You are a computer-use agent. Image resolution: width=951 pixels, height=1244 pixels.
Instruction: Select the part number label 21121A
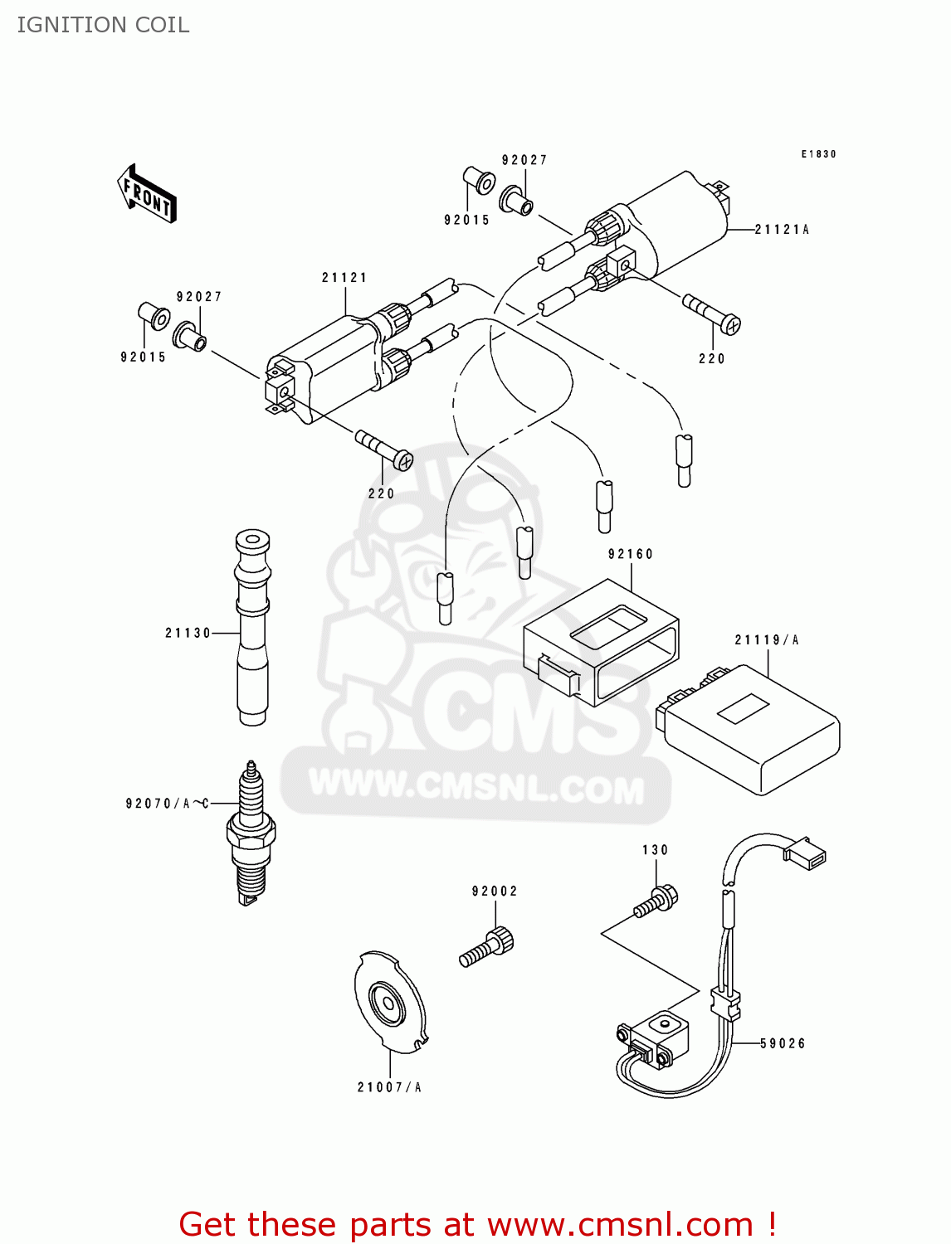[781, 230]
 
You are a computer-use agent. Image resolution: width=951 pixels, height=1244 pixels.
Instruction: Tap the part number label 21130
[188, 633]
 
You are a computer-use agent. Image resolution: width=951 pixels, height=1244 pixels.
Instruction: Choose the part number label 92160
[631, 554]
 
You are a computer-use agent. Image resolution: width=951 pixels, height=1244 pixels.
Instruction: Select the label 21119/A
[767, 639]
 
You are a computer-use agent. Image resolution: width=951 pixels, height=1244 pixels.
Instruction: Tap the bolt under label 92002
[488, 948]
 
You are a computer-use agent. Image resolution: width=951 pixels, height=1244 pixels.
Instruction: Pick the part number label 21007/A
[389, 1087]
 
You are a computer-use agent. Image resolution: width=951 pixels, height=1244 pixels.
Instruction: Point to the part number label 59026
[783, 1043]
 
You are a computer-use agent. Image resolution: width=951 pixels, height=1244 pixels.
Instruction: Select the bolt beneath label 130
[656, 902]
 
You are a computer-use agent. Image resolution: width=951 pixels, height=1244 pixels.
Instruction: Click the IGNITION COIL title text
[103, 25]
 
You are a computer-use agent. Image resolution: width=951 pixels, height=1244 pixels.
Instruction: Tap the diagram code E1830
[818, 154]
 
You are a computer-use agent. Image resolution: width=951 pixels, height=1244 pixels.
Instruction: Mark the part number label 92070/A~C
[167, 803]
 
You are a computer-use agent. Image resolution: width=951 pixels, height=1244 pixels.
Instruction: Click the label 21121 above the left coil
[344, 278]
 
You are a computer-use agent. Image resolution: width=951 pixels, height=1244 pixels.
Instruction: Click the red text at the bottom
[477, 1224]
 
